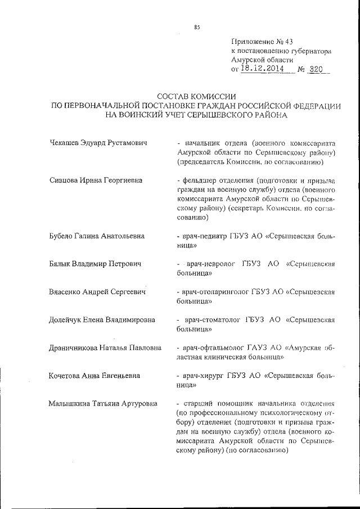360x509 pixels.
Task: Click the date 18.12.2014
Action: [x=262, y=68]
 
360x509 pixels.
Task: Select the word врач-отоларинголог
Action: [x=216, y=292]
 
